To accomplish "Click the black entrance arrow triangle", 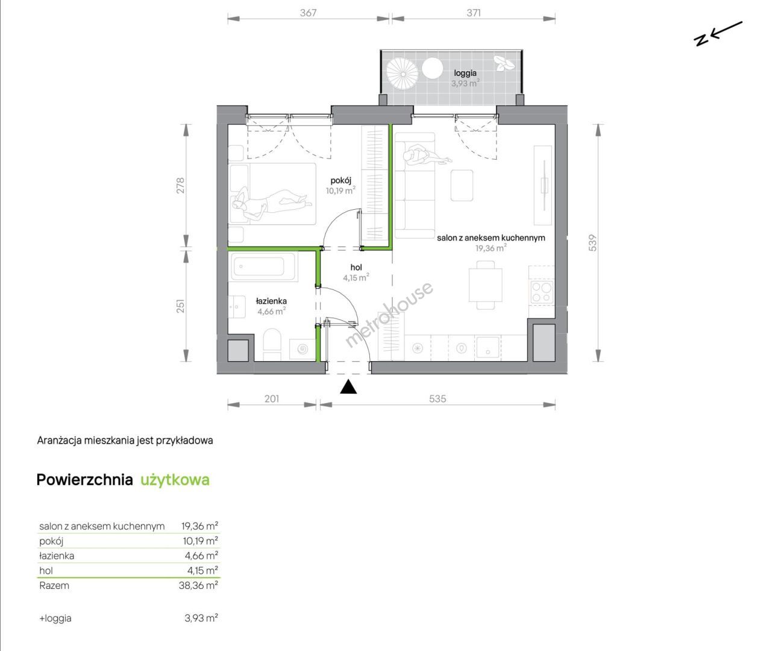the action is coord(348,387).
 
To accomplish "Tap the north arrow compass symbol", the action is coord(717,34).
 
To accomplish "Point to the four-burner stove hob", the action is coord(541,292).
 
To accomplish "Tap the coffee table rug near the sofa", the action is coord(462,185).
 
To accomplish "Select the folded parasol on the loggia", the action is coord(403,74).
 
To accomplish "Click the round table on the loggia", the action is coord(433,68).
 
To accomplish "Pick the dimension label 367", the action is coord(309,13).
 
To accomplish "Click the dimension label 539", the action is coord(592,243).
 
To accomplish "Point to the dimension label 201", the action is coord(272,398).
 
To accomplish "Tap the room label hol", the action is coord(356,267).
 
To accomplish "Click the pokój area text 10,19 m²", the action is coord(340,190).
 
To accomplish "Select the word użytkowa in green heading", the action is coord(175,480).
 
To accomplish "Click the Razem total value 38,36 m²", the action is coord(198,585).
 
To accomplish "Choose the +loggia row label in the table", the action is coord(55,618).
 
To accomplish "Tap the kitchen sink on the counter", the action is coord(488,347).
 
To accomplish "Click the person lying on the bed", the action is coord(271,203).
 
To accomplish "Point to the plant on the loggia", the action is coord(504,63).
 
